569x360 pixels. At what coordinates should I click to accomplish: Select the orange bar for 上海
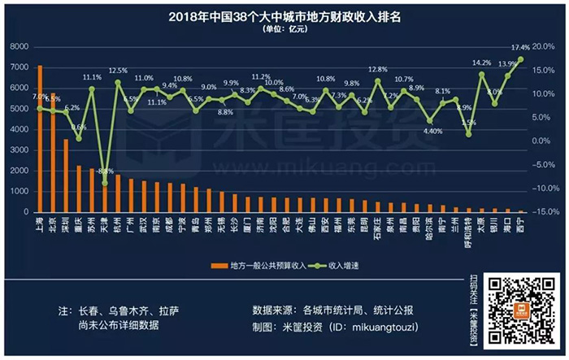40,138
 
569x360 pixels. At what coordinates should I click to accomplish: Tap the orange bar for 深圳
66,176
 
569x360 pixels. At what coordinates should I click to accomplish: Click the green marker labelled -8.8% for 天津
104,183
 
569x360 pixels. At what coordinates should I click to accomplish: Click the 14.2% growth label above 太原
481,63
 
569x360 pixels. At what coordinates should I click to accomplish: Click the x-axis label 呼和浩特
468,232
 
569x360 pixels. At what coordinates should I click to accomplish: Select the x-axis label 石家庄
377,230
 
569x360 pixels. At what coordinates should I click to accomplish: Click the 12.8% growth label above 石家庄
377,70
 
